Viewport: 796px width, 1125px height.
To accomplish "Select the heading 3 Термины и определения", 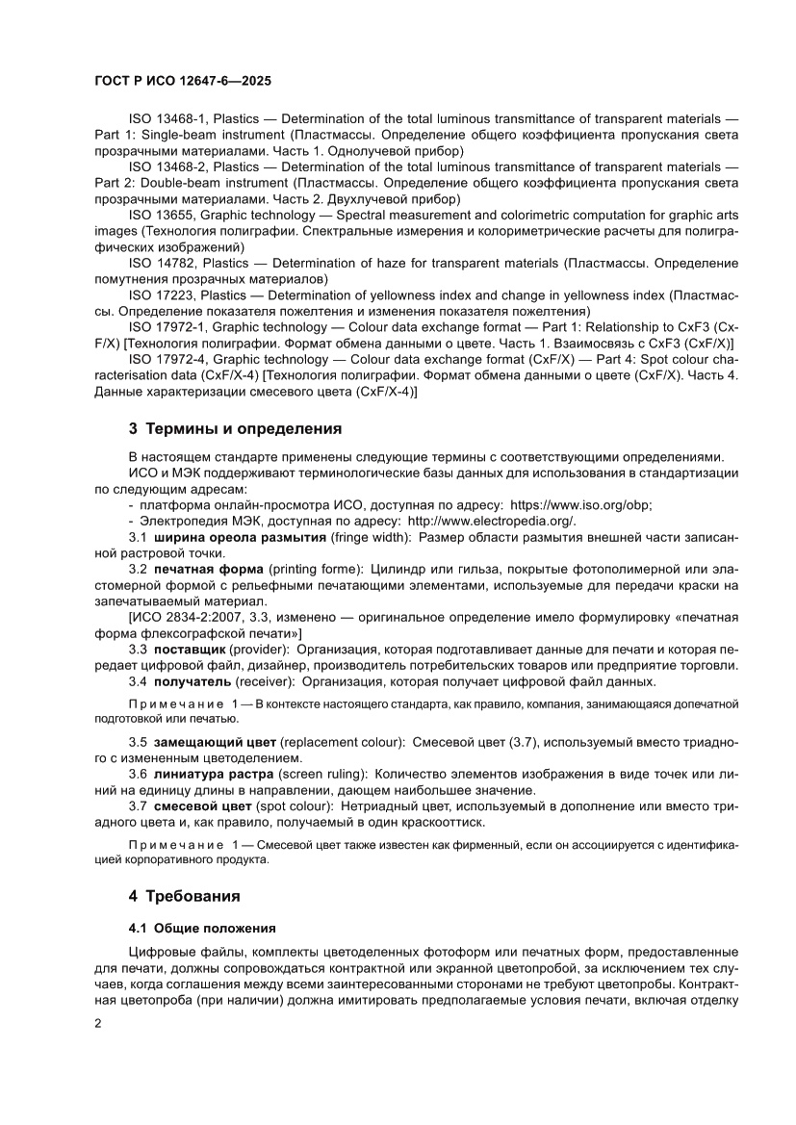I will [x=235, y=428].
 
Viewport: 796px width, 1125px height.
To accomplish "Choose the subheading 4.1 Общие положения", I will [x=202, y=929].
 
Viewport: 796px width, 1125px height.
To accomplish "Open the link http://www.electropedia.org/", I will [x=492, y=521].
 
